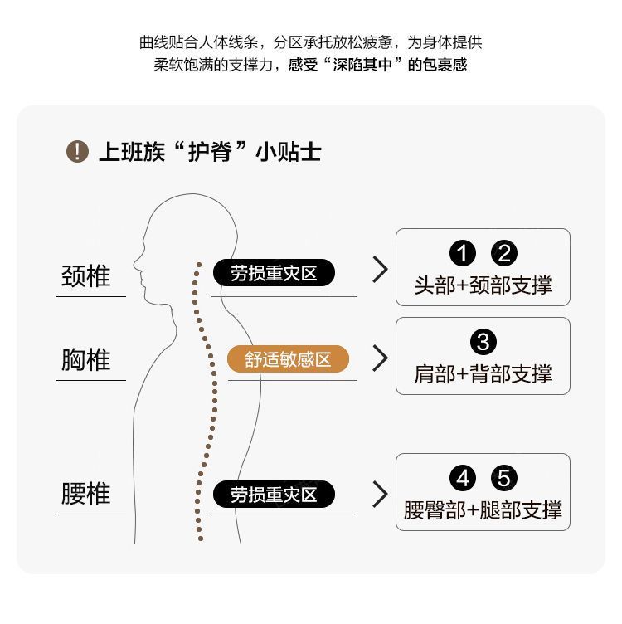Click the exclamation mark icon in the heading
[x=77, y=152]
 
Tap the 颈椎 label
[x=86, y=275]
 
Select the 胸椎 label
[x=86, y=360]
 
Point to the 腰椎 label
[x=86, y=494]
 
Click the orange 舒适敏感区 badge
[x=288, y=359]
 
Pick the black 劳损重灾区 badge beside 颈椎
[x=274, y=273]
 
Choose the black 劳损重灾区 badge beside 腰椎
[x=274, y=495]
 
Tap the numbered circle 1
[x=462, y=254]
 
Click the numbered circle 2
[x=504, y=254]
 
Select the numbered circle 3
[x=483, y=341]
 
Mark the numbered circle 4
[x=462, y=479]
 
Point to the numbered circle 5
[x=504, y=479]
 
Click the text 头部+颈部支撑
[x=483, y=286]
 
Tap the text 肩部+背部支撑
[x=483, y=374]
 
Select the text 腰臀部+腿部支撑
[x=483, y=509]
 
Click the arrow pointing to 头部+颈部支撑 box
[x=380, y=269]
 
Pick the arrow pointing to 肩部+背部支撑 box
[x=380, y=358]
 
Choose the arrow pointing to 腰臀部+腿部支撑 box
[x=380, y=494]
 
